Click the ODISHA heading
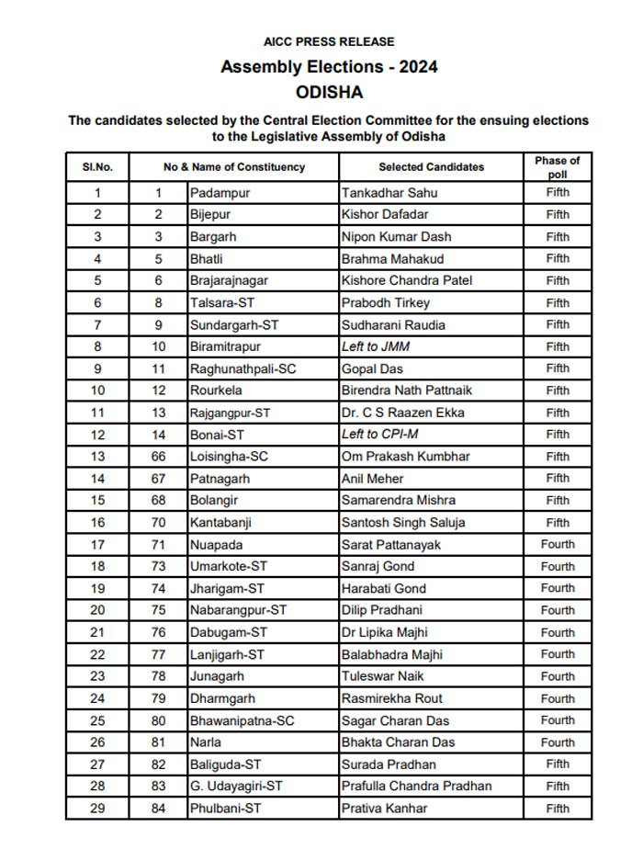pos(329,92)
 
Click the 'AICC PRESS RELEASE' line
pos(329,41)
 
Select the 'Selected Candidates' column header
pos(431,167)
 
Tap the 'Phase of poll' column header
pos(558,167)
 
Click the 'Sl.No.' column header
pos(97,167)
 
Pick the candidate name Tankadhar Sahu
pos(389,193)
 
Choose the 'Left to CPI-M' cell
pos(379,435)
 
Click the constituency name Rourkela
pos(216,391)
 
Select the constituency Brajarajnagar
pos(229,280)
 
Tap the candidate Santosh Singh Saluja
pos(403,522)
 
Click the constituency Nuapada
pos(216,544)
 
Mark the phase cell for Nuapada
pos(558,544)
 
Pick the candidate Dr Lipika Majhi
pos(385,632)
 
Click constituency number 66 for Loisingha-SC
pos(158,457)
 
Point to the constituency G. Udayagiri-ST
pos(236,787)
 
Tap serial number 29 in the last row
pos(97,809)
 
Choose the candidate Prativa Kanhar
pos(384,809)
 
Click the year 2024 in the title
pos(419,67)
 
